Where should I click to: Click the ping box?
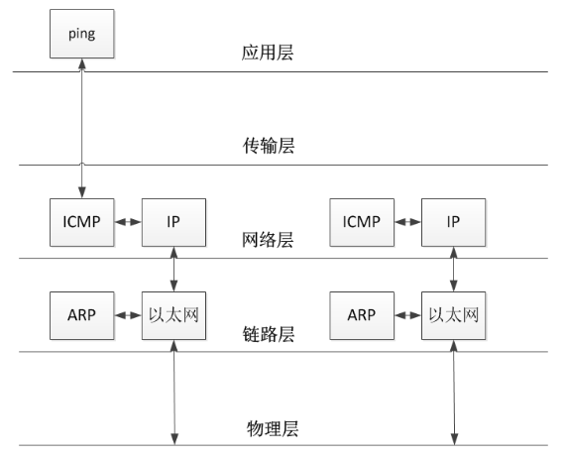[82, 34]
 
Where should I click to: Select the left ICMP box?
[82, 222]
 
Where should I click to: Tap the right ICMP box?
[362, 222]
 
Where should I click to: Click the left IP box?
[173, 222]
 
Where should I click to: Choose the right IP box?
[453, 222]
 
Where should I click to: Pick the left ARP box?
[82, 316]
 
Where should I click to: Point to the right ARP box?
[362, 316]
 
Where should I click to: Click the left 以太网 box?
[173, 316]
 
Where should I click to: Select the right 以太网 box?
[453, 316]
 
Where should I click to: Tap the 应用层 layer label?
[268, 53]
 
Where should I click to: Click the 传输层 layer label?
[269, 146]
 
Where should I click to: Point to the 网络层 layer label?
[268, 240]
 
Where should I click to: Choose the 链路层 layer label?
[269, 334]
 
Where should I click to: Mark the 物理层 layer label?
[273, 429]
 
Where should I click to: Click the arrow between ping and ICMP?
[82, 129]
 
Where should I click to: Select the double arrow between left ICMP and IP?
[128, 222]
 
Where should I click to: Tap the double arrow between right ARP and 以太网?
[407, 315]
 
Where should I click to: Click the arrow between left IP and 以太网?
[173, 270]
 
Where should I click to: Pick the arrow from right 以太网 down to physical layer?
[454, 393]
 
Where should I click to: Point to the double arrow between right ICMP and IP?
[407, 222]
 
